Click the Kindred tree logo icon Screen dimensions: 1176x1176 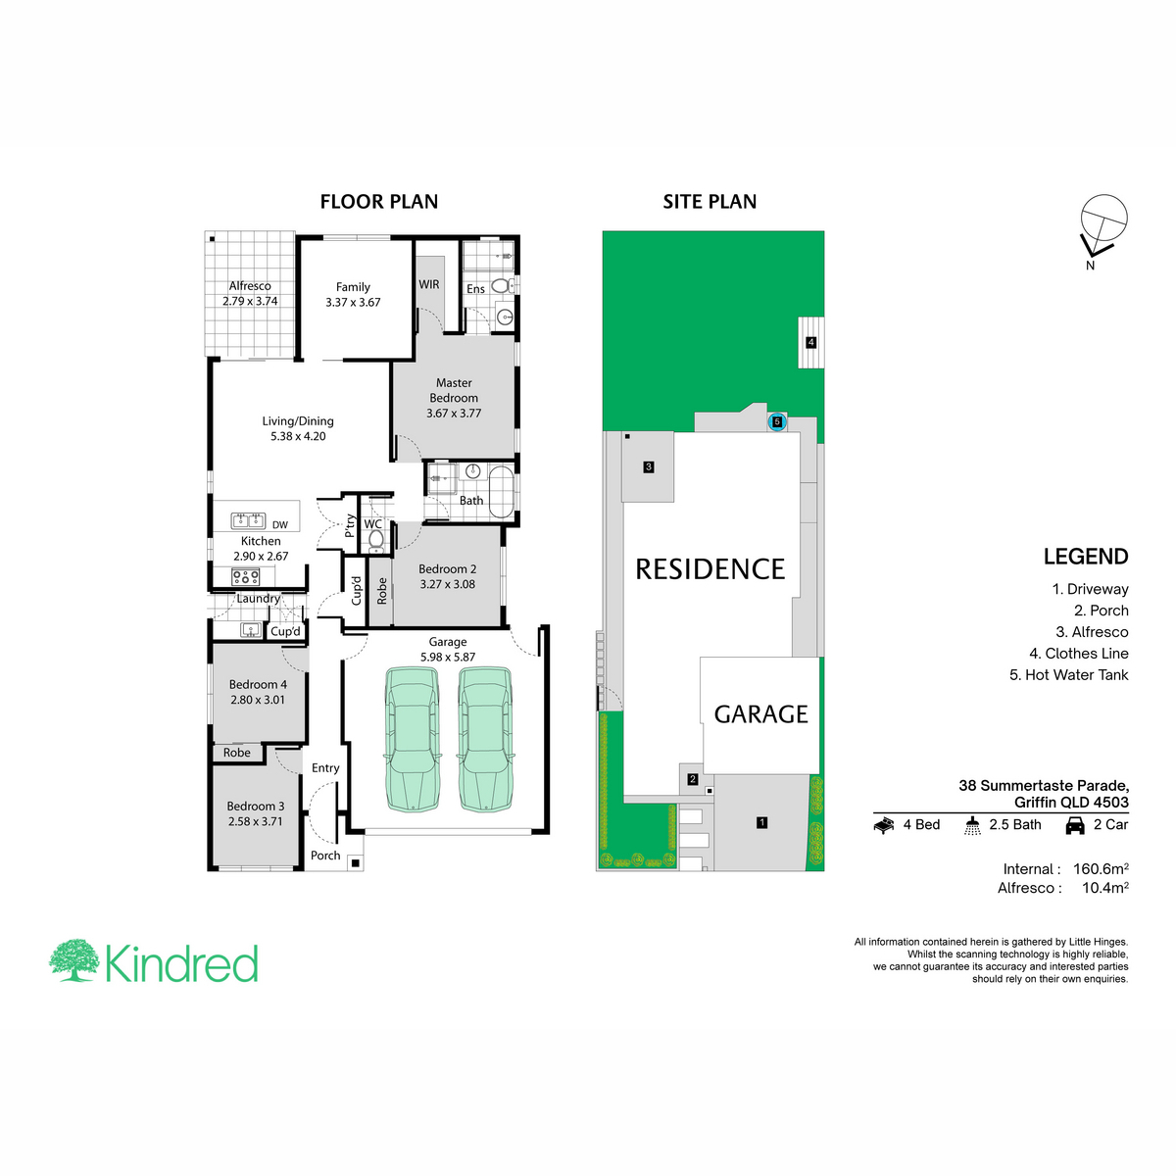pyautogui.click(x=73, y=960)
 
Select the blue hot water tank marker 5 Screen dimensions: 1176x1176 pyautogui.click(x=776, y=421)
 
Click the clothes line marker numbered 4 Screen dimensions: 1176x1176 pyautogui.click(x=810, y=342)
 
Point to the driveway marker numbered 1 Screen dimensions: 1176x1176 pyautogui.click(x=761, y=822)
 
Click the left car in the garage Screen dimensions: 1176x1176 pyautogui.click(x=412, y=739)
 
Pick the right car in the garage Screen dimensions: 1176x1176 pyautogui.click(x=485, y=739)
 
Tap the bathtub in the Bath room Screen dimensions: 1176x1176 pyautogui.click(x=502, y=493)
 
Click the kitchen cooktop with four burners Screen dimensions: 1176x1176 pyautogui.click(x=245, y=576)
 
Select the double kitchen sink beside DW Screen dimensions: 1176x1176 pyautogui.click(x=248, y=520)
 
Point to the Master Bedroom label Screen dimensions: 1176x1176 pyautogui.click(x=454, y=390)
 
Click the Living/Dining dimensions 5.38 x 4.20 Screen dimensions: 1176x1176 pyautogui.click(x=298, y=436)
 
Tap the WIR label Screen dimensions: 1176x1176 pyautogui.click(x=429, y=284)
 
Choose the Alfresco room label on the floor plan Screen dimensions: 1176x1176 pyautogui.click(x=250, y=285)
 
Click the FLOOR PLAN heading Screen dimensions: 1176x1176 pyautogui.click(x=379, y=202)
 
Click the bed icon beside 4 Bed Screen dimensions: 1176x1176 pyautogui.click(x=884, y=826)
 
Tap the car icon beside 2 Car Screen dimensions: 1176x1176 pyautogui.click(x=1075, y=825)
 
